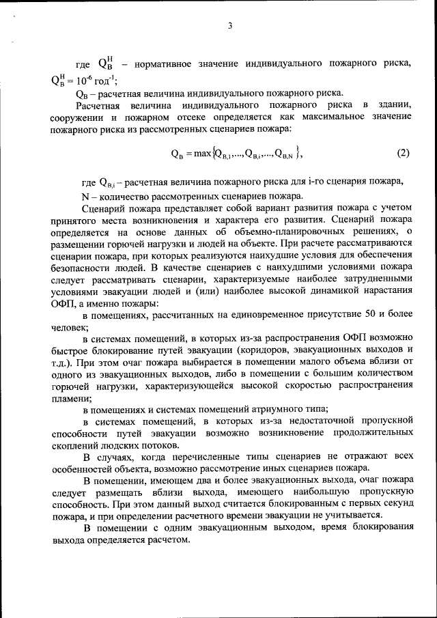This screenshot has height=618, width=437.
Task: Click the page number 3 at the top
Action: (x=230, y=27)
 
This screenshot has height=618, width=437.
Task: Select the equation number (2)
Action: (x=402, y=153)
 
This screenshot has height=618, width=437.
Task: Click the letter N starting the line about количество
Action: (x=85, y=195)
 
